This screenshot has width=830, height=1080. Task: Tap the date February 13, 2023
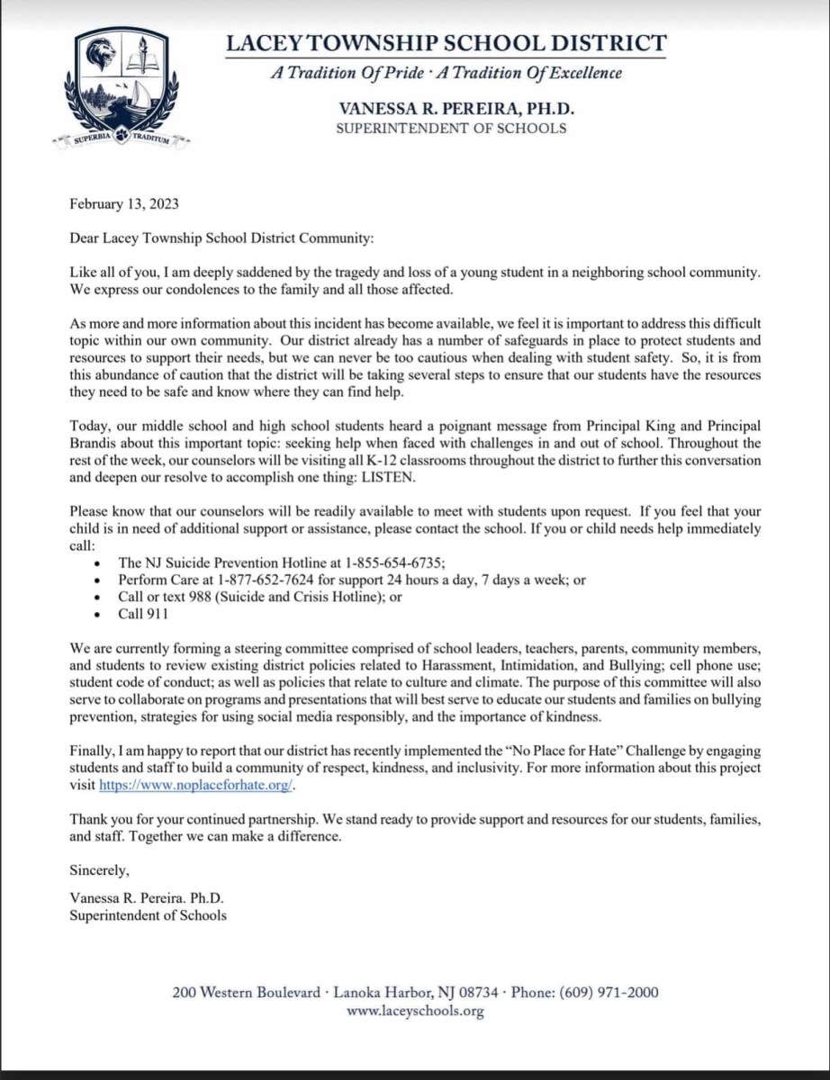click(123, 203)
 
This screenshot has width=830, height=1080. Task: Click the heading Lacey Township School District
click(446, 42)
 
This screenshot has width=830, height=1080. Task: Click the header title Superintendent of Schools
click(451, 128)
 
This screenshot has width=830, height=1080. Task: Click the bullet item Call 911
click(143, 614)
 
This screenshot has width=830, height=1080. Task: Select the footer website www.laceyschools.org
click(415, 1011)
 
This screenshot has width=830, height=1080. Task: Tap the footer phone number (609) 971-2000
click(609, 993)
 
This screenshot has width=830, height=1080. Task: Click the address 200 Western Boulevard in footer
click(246, 993)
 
